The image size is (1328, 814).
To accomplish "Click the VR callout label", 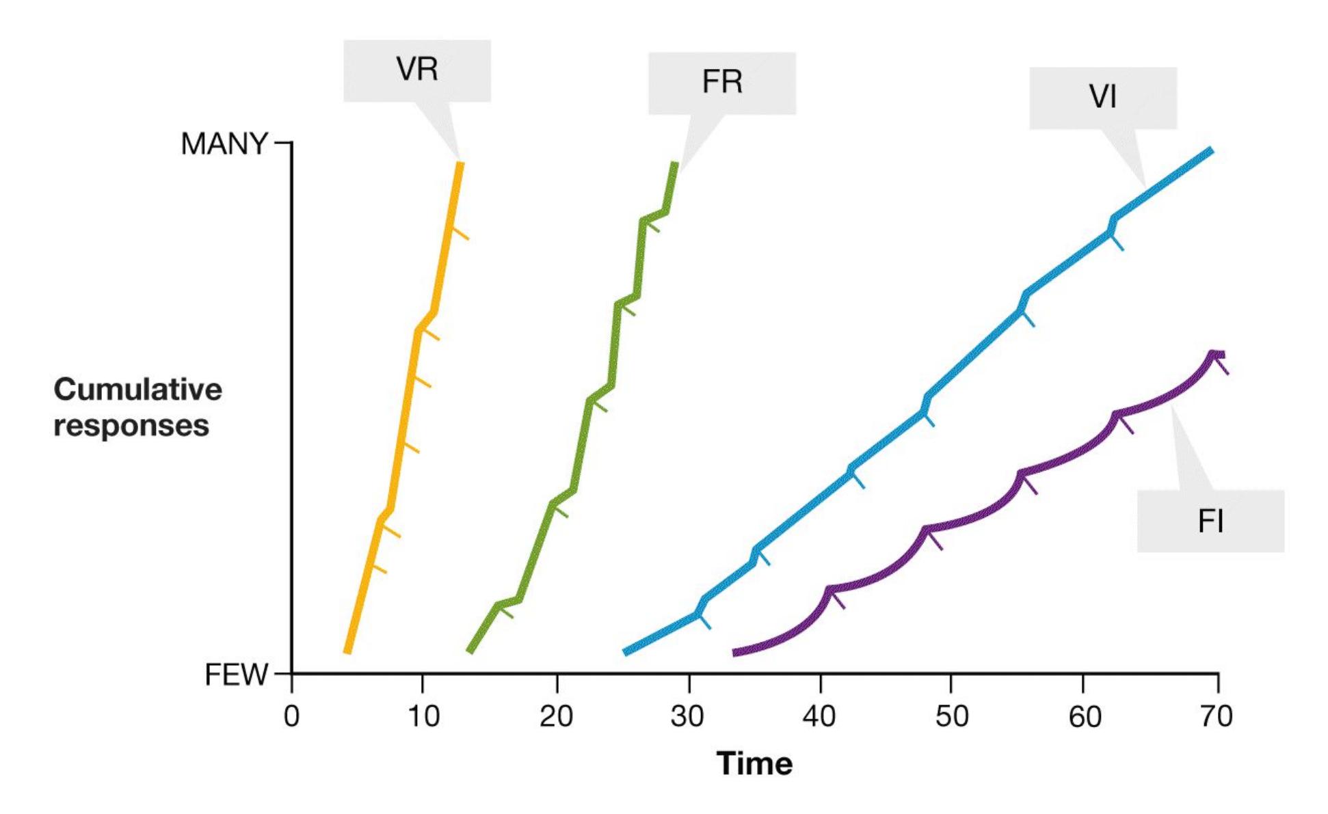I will coord(416,70).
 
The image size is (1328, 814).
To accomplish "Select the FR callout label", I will coord(721,83).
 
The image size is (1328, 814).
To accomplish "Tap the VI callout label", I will coord(1102,97).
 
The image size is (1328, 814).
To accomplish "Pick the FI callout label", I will coord(1210,521).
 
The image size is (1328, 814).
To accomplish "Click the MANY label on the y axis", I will coord(224,144).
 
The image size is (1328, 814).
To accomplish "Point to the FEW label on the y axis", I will coord(236,675).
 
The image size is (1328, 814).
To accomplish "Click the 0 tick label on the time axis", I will coord(291,716).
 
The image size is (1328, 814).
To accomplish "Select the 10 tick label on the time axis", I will coord(423,716).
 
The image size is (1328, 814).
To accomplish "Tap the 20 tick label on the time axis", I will coord(556,716).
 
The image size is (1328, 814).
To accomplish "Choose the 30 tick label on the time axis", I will coord(687,716).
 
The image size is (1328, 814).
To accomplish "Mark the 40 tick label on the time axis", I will coord(819,716).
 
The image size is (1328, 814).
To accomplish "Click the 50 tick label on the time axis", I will coord(951,716).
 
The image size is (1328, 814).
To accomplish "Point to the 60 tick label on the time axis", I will coord(1084,716).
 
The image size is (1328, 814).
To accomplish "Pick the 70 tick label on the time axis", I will coord(1216,716).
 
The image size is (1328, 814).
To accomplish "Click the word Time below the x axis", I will coord(754,763).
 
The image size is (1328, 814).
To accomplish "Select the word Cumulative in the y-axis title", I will coord(137,390).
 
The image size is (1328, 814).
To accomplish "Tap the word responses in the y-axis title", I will coord(131,426).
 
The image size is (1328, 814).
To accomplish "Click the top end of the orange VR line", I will coord(461,164).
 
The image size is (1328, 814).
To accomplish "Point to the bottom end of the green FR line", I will coord(470,651).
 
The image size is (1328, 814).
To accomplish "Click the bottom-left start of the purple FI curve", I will coord(735,653).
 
